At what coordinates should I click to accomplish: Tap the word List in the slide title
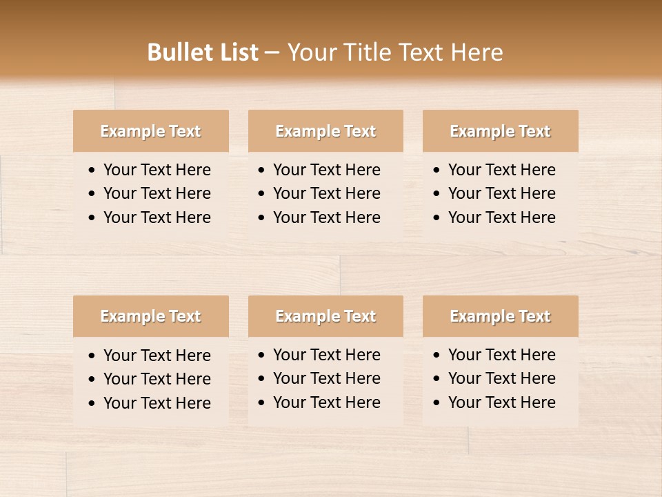tap(238, 52)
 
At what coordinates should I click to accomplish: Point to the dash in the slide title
tap(272, 53)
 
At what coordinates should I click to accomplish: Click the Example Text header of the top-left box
tap(150, 131)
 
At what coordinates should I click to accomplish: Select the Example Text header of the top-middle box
tap(325, 131)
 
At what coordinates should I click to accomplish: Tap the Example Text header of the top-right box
tap(500, 131)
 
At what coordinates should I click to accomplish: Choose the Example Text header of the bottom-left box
tap(150, 316)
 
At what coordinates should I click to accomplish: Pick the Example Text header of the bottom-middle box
tap(325, 316)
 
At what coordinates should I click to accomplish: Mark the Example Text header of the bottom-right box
tap(500, 316)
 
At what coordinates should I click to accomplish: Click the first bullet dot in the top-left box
tap(92, 170)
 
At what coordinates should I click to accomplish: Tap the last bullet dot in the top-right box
tap(437, 218)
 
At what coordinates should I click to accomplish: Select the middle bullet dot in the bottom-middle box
tap(262, 379)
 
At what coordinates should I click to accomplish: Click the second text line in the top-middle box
tap(326, 193)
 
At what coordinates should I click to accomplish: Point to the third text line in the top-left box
tap(157, 217)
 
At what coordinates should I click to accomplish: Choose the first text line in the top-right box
tap(501, 170)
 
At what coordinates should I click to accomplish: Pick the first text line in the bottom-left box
tap(157, 355)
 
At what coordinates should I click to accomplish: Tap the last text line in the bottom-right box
tap(501, 402)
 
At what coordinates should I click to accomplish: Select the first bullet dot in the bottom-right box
tap(437, 355)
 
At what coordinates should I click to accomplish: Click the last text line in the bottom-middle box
tap(326, 402)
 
